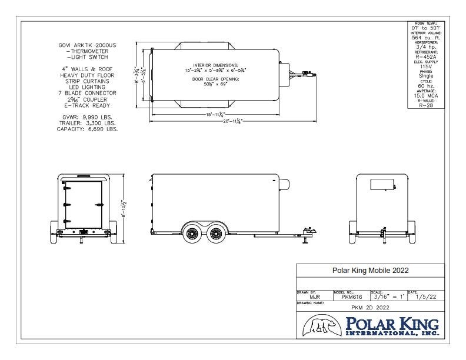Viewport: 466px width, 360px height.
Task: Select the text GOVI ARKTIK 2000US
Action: (87, 45)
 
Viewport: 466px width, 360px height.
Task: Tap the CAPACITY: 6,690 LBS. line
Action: (87, 129)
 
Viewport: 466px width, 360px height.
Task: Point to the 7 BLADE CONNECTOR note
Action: (87, 93)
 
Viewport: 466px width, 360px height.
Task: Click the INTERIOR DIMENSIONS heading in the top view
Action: (215, 64)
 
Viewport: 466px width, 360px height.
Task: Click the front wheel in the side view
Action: (216, 234)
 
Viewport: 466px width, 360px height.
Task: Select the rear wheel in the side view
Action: (192, 234)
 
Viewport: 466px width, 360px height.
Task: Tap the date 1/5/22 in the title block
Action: (425, 297)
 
